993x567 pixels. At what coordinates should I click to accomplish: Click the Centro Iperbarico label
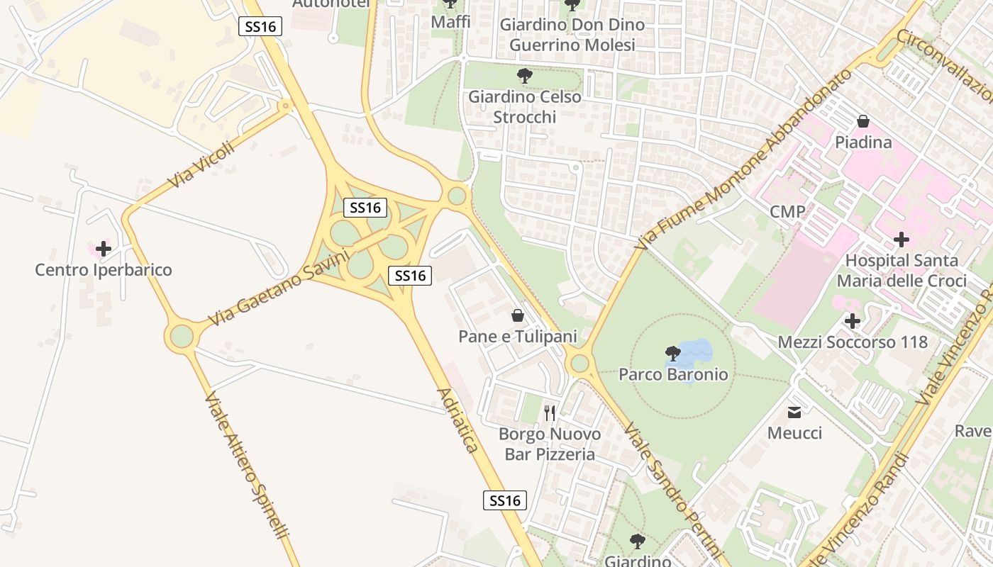point(104,270)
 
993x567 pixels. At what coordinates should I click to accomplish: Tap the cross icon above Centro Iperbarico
point(104,249)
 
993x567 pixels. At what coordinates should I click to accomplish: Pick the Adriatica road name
point(457,420)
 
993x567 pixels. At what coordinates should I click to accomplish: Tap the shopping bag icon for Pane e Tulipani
point(518,315)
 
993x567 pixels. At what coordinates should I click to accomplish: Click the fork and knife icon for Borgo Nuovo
point(550,412)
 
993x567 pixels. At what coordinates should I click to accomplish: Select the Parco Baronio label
point(673,374)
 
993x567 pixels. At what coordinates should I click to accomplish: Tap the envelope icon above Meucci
point(794,412)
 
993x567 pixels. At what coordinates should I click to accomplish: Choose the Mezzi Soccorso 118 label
point(853,342)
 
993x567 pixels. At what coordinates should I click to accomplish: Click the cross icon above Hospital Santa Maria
point(902,240)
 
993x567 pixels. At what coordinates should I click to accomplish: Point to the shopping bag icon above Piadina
point(863,121)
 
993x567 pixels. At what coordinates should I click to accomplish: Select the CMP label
point(787,212)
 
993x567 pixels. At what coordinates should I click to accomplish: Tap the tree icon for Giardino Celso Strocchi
point(525,75)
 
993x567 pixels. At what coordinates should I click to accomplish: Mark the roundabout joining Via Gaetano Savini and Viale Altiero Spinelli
point(182,336)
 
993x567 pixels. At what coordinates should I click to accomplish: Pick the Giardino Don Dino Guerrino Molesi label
point(572,35)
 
